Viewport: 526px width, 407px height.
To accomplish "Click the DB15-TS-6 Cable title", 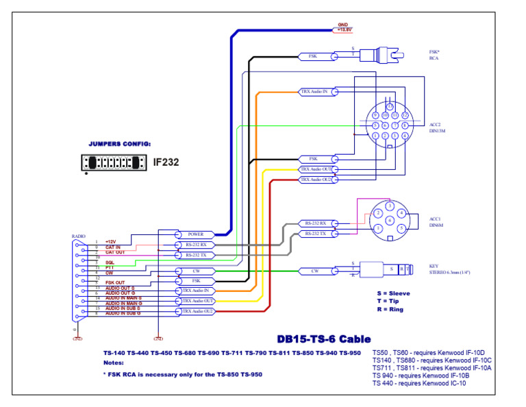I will [x=323, y=338].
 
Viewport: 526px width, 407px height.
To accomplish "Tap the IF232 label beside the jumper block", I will [x=165, y=162].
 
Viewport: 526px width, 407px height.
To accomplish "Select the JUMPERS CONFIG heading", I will [x=120, y=145].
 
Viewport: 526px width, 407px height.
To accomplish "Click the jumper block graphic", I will [x=114, y=162].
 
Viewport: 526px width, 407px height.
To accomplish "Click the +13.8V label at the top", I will [x=343, y=30].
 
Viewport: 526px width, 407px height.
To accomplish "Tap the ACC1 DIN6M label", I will [x=436, y=221].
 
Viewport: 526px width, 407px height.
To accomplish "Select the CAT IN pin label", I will [x=113, y=247].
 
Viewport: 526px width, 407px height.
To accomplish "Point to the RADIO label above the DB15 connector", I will [x=79, y=236].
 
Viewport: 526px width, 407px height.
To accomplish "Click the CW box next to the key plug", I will [x=316, y=271].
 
